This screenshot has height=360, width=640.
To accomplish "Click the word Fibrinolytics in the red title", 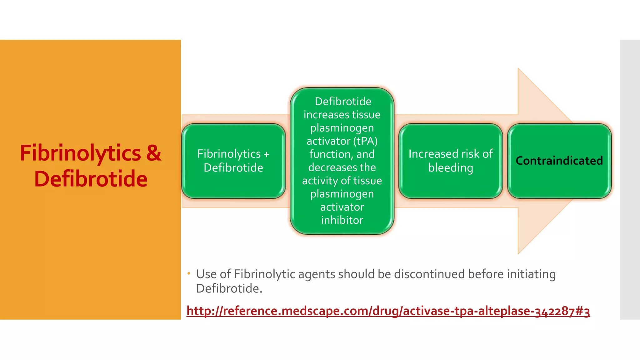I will pos(80,153).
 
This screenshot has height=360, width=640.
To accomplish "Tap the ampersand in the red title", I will pos(153,153).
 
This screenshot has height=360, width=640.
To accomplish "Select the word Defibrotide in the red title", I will pos(91,179).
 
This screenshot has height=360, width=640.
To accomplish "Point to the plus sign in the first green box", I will pos(266,154).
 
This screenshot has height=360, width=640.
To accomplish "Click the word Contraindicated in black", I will pos(559,161).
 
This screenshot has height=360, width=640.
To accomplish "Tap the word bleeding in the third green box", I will pos(451,168).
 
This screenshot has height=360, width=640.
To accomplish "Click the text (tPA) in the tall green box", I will pos(365,141).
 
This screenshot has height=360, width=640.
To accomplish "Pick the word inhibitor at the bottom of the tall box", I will pos(342,220).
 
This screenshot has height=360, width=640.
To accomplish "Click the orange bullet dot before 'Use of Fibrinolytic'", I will pos(189,274).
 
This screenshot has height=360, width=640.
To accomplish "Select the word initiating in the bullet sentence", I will pos(531,274).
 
